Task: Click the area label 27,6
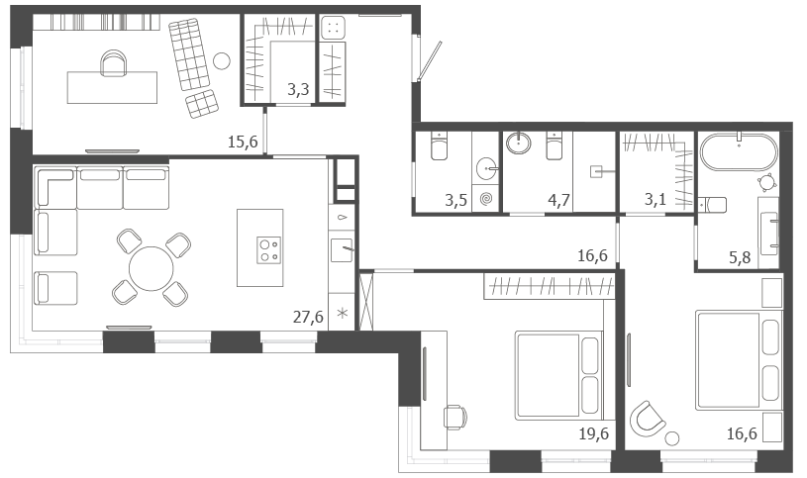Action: (x=308, y=317)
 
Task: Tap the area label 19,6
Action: (x=593, y=433)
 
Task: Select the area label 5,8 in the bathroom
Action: (x=740, y=256)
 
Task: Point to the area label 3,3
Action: (x=298, y=89)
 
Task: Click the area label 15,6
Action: (x=243, y=142)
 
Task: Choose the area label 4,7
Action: (x=558, y=200)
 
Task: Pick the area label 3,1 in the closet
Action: (x=656, y=199)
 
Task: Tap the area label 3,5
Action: (x=456, y=200)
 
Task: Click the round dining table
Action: (x=151, y=268)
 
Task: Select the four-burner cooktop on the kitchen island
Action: (x=268, y=250)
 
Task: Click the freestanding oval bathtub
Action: (x=739, y=151)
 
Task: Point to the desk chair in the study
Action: (x=114, y=63)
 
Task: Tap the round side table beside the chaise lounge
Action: (x=222, y=61)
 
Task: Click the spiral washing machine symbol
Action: (x=486, y=198)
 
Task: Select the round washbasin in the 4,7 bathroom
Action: (x=518, y=143)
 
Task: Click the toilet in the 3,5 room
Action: (x=439, y=145)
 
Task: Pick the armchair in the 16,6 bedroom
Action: (x=647, y=419)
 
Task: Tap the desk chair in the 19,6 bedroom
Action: (x=456, y=417)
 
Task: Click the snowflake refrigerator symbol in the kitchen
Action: (x=342, y=313)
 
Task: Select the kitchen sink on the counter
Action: (x=342, y=250)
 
